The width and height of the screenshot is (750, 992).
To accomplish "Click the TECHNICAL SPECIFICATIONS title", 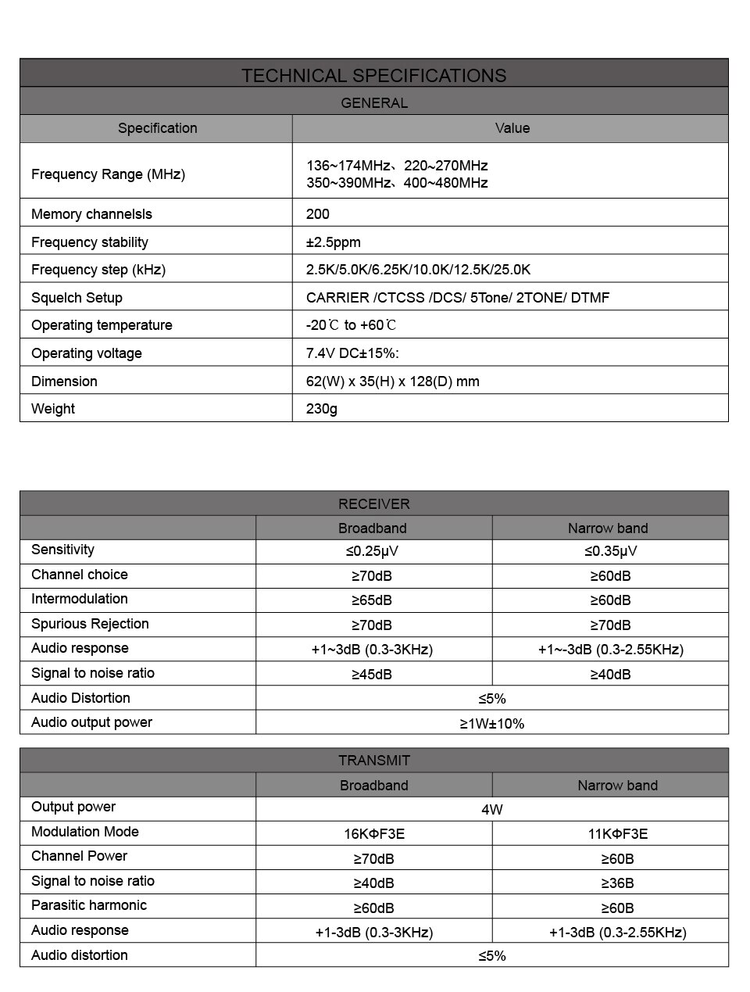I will coord(373,75).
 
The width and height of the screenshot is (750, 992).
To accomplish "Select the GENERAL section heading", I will coord(373,102).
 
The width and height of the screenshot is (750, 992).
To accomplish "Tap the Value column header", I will coord(512,128).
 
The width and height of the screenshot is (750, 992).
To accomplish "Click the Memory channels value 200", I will coord(318,213).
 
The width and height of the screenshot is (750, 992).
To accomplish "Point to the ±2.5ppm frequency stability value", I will coord(334,242).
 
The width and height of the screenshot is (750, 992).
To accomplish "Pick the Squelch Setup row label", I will coord(77,297).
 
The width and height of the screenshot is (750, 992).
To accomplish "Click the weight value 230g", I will coord(322,408).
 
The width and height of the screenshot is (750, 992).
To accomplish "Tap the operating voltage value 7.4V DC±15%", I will coord(352,353).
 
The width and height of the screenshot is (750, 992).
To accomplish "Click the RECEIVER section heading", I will coord(373,503).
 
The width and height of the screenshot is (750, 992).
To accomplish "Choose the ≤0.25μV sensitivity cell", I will coord(372,550).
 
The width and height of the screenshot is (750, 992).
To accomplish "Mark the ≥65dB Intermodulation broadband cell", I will coord(372,600).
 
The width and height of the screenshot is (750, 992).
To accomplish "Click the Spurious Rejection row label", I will coord(90,624).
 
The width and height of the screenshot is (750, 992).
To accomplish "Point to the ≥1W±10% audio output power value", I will coord(492,723).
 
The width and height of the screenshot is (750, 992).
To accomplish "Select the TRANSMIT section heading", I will coord(373,760).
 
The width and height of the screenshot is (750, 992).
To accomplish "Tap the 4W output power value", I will coord(492,809).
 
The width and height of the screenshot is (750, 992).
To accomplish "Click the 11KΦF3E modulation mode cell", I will coord(617,833).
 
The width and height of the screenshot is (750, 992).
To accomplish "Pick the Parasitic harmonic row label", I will coord(89,905).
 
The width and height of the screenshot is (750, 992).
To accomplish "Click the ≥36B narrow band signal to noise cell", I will coord(617,883).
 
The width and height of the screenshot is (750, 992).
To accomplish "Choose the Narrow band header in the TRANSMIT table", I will coord(617,785).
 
